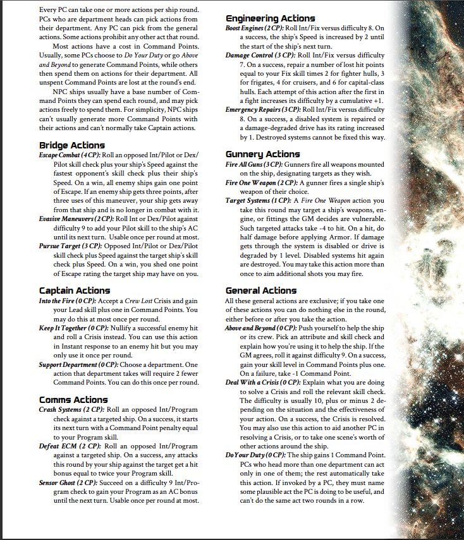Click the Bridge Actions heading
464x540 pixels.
71,145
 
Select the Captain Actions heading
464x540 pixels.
74,291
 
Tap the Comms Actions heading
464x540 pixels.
73,400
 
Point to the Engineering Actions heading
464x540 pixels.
270,19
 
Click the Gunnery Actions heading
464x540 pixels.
262,154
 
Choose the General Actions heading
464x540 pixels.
261,291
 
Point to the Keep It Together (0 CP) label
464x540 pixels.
70,328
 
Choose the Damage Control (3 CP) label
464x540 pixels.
259,56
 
